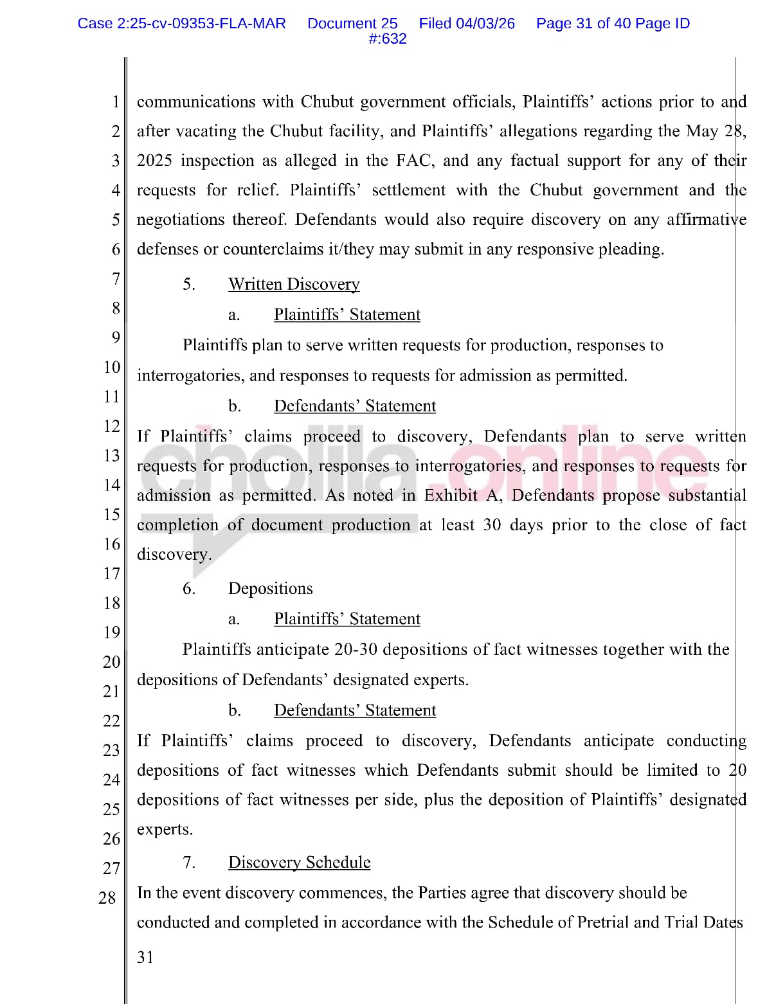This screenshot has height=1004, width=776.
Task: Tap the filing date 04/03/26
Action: click(485, 24)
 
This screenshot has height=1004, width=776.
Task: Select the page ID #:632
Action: click(388, 39)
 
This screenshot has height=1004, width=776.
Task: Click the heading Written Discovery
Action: click(294, 284)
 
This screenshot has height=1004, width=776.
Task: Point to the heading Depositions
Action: click(271, 588)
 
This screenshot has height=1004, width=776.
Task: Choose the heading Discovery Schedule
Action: click(300, 862)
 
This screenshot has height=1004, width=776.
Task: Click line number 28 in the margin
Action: click(107, 897)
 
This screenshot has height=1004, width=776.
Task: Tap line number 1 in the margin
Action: click(116, 102)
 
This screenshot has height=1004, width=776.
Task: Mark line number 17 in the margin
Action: click(112, 573)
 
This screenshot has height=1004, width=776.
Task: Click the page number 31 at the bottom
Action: click(145, 958)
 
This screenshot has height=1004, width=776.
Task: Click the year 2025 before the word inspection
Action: click(154, 160)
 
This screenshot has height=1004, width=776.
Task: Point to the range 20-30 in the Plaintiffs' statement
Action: click(356, 649)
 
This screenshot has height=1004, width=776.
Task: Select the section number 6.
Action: click(188, 588)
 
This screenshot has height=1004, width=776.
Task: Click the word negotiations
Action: click(182, 219)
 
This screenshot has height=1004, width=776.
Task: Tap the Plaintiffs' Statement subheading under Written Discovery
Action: click(347, 314)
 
